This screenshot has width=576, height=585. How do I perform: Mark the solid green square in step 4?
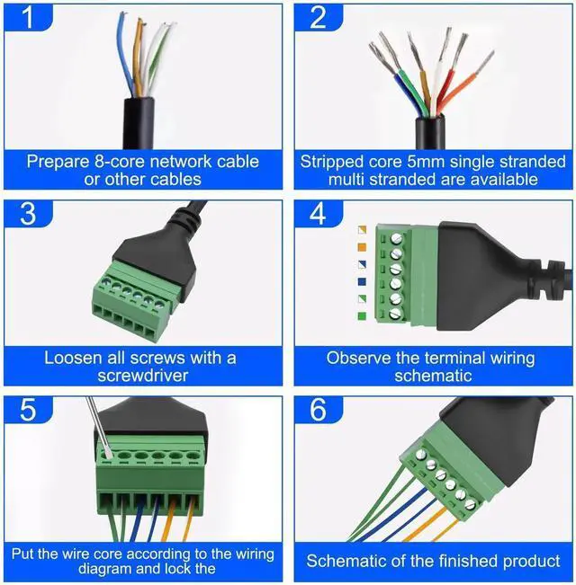362,315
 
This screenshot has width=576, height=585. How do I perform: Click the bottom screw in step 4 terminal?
395,315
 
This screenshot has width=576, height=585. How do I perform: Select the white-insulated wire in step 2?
441,72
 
